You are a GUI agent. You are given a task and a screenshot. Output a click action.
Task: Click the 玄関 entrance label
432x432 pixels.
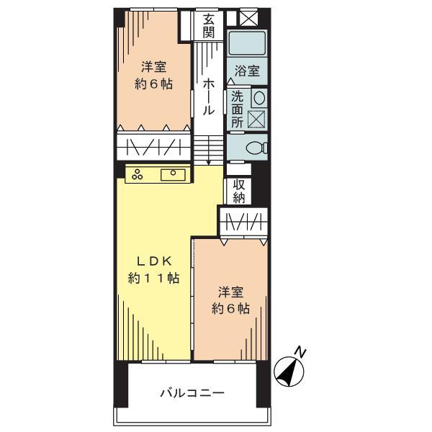[x=208, y=24]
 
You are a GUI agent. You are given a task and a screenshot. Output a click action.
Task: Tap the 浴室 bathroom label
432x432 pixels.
[x=247, y=71]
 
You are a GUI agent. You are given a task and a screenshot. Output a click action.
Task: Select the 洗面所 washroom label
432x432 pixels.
[x=238, y=109]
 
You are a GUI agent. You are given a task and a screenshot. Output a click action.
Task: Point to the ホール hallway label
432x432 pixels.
[x=207, y=96]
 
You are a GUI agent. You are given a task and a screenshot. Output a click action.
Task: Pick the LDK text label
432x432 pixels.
[x=153, y=261]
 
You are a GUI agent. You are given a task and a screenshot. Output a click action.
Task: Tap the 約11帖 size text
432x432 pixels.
[x=153, y=278]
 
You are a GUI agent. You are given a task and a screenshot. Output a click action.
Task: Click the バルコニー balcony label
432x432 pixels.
[x=192, y=393]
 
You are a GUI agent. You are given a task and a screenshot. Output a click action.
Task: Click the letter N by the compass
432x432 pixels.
[x=301, y=352]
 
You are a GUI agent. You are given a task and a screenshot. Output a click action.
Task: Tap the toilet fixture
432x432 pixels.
[x=255, y=148]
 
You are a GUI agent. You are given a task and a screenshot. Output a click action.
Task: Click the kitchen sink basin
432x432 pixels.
[x=174, y=174]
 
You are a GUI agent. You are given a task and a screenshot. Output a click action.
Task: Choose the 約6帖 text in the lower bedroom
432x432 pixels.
[x=230, y=309]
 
